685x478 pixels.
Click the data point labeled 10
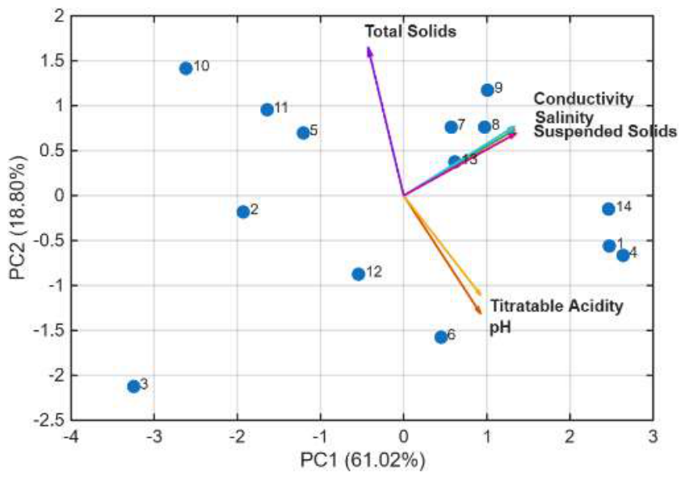click(186, 68)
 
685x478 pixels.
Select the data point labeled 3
click(133, 386)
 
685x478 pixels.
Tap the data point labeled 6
click(441, 337)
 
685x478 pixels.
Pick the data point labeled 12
click(358, 275)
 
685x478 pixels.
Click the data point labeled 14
click(608, 209)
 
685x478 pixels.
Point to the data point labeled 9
click(487, 90)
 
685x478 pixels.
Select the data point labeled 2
click(243, 212)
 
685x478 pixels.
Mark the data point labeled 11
click(267, 110)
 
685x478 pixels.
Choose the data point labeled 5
click(303, 132)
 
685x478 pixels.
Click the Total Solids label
click(410, 31)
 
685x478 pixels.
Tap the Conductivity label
click(584, 99)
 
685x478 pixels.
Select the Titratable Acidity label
click(556, 306)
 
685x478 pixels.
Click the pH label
click(500, 326)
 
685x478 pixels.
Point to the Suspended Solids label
click(606, 131)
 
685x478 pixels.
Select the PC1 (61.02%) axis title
click(362, 461)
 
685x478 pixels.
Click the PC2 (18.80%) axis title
click(18, 217)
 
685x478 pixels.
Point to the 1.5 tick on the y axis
click(52, 61)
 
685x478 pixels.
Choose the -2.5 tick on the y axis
click(48, 420)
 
